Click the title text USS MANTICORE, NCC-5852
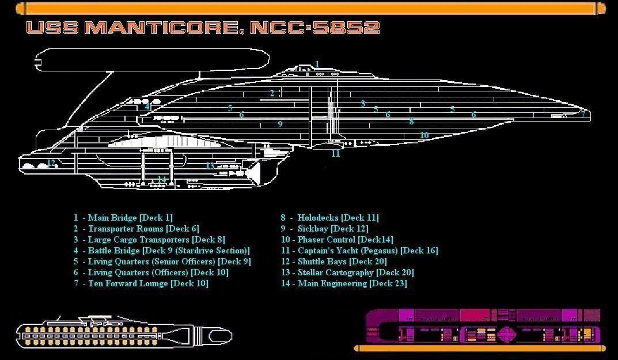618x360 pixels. (203, 28)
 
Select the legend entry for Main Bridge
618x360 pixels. (123, 218)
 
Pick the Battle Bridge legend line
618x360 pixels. (161, 251)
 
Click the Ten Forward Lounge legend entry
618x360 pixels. (141, 283)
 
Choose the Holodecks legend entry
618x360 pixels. (329, 218)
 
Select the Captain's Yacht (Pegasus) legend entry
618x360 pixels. (359, 251)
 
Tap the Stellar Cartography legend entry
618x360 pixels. (347, 272)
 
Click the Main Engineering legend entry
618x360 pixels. (344, 283)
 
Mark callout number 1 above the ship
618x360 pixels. (317, 65)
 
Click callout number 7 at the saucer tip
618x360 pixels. (583, 114)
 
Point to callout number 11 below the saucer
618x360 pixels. (335, 154)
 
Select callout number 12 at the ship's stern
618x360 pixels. (51, 163)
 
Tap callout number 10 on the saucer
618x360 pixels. (424, 135)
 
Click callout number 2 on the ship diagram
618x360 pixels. (272, 93)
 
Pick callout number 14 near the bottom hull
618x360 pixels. (162, 180)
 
